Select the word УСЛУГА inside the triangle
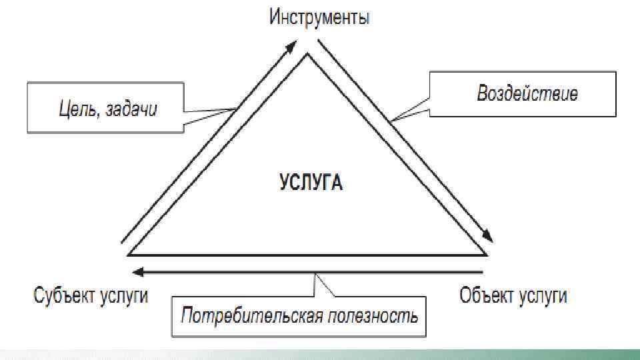click(x=311, y=182)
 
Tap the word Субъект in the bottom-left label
click(x=64, y=295)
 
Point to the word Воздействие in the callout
click(x=527, y=93)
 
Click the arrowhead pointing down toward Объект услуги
click(x=487, y=235)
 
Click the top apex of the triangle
click(x=307, y=55)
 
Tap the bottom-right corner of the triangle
click(x=486, y=253)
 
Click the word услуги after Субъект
click(x=123, y=295)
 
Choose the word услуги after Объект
click(x=541, y=295)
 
